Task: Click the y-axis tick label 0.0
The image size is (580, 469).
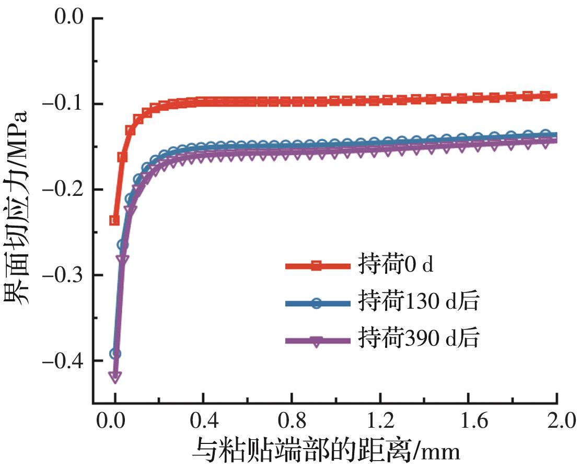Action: click(x=69, y=18)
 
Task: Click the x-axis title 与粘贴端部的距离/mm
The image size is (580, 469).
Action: click(x=327, y=450)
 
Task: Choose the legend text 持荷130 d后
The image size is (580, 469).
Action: click(x=418, y=302)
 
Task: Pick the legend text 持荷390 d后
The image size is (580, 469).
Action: click(x=418, y=339)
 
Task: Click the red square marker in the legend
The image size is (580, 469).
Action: click(x=316, y=266)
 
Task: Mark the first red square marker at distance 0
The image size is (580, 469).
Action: click(x=114, y=220)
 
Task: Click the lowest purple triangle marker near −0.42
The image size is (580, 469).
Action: click(x=115, y=377)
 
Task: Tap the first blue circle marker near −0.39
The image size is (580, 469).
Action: click(x=115, y=354)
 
